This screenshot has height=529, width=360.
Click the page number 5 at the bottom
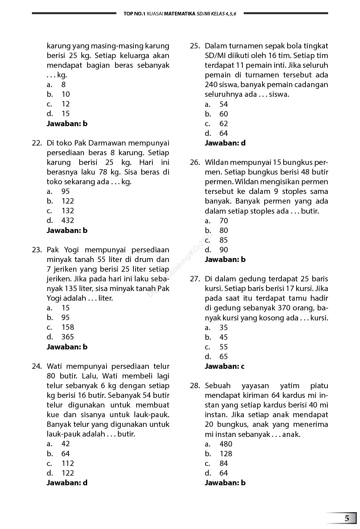click(x=347, y=518)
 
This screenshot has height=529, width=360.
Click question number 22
click(x=37, y=143)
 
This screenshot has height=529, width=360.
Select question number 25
click(x=195, y=46)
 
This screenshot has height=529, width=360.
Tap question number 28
click(x=195, y=386)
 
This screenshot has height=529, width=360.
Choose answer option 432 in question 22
click(x=67, y=220)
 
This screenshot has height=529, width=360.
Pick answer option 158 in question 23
click(x=67, y=327)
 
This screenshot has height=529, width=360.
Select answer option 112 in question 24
click(x=67, y=463)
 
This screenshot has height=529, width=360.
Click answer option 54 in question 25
click(x=223, y=104)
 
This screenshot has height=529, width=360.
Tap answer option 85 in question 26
click(x=223, y=240)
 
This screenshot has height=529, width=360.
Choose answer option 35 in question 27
click(x=223, y=328)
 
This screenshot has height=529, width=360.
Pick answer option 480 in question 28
click(x=226, y=444)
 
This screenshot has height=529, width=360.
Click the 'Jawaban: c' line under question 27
click(x=224, y=366)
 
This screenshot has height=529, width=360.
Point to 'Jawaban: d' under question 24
click(x=67, y=483)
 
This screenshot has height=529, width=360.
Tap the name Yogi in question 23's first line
click(x=72, y=250)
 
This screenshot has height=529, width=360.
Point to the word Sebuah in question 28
click(x=218, y=386)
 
